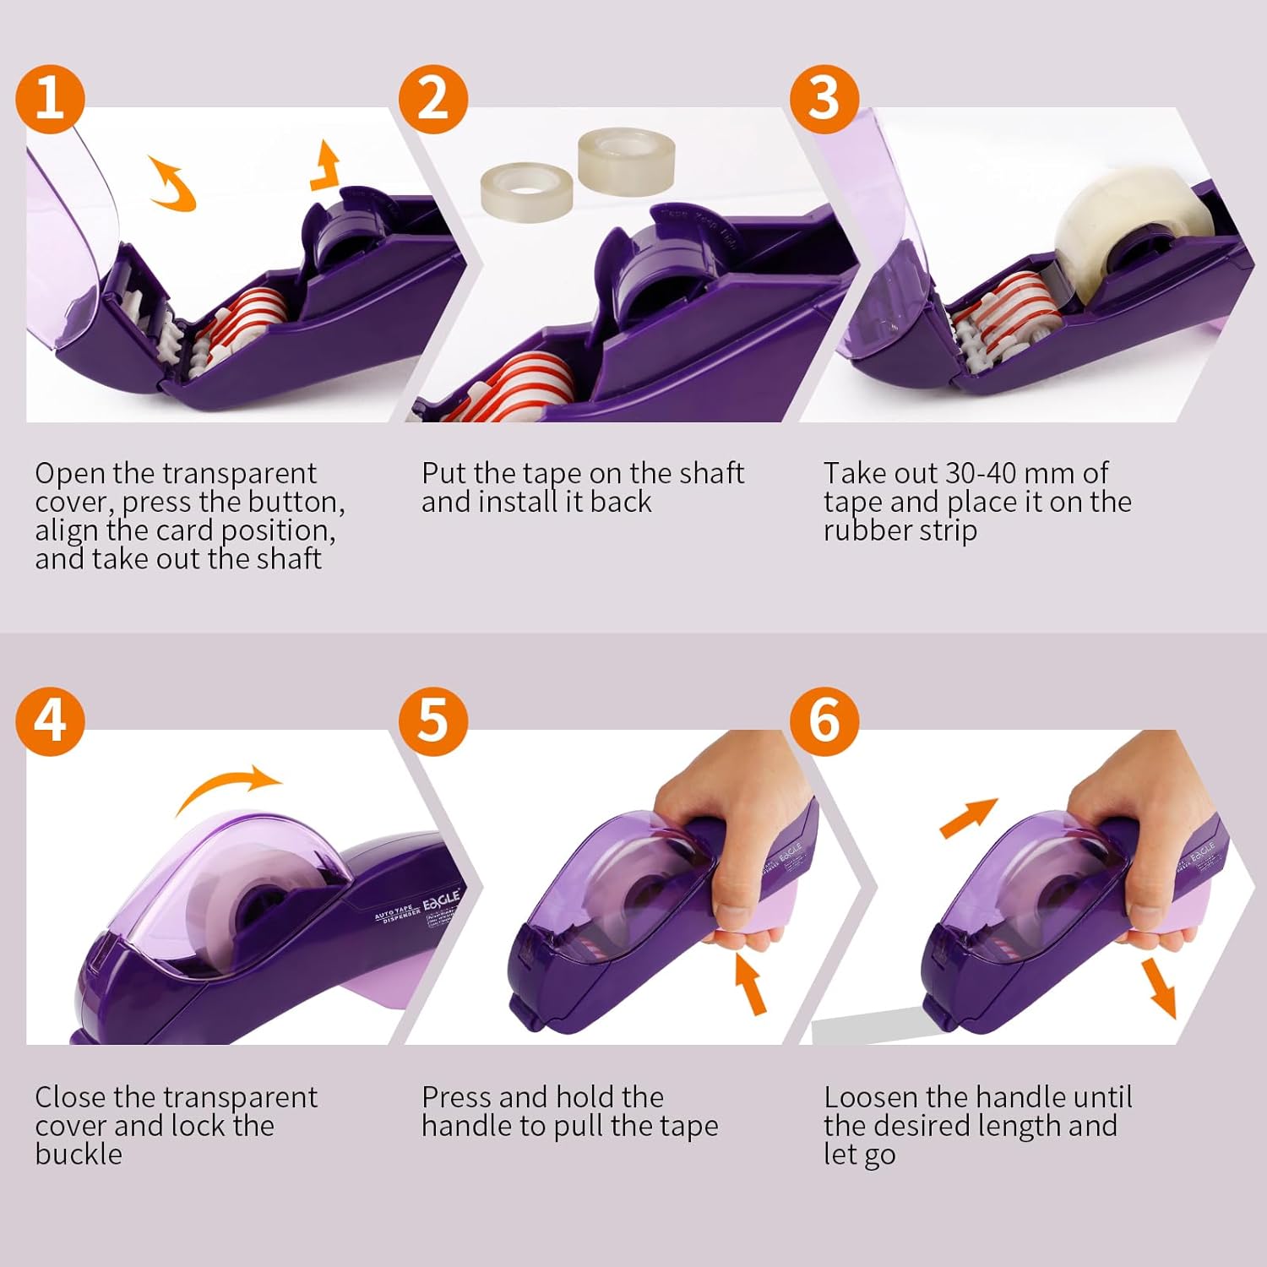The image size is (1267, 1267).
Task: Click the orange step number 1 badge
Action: click(x=50, y=99)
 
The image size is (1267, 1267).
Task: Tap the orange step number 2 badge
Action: click(x=432, y=99)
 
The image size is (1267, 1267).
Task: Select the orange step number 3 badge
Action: click(x=824, y=99)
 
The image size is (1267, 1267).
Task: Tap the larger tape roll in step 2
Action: click(x=627, y=158)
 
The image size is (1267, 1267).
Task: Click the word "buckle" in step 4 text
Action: click(x=79, y=1154)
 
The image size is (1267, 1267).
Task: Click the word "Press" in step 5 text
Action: click(x=457, y=1097)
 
